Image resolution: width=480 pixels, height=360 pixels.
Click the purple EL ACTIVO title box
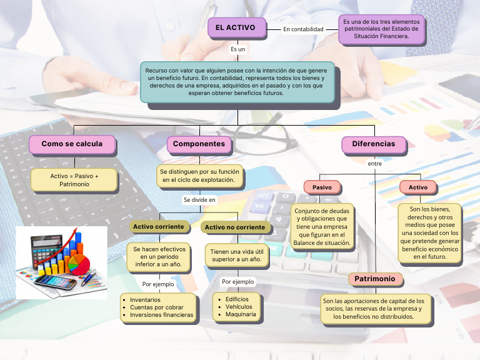click(x=236, y=28)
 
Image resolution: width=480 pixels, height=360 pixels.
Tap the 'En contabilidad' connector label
click(x=303, y=29)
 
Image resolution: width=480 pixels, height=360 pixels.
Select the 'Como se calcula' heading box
click(x=72, y=144)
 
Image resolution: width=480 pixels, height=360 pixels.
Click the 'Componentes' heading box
click(x=199, y=144)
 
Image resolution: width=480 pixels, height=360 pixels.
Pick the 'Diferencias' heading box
click(x=373, y=144)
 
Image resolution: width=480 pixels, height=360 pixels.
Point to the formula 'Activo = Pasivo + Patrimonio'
click(x=74, y=180)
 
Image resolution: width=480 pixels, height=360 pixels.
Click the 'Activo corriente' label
click(x=158, y=226)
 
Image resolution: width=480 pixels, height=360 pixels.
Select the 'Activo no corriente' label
click(x=235, y=227)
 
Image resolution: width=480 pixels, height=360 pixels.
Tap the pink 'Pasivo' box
click(x=322, y=187)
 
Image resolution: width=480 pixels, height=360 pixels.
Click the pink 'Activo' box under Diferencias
click(x=418, y=187)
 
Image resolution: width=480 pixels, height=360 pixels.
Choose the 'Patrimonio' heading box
click(x=375, y=279)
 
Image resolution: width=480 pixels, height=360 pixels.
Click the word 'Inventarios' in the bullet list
click(x=145, y=299)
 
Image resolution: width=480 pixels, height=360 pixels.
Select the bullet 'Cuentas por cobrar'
click(x=157, y=307)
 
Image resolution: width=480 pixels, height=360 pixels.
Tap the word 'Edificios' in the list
click(x=237, y=299)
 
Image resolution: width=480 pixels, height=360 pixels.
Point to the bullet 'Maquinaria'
click(x=241, y=314)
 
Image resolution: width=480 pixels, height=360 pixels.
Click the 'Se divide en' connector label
click(x=199, y=199)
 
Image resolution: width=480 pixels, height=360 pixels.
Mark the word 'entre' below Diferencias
click(x=374, y=163)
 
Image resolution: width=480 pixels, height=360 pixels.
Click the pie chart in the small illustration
click(x=77, y=262)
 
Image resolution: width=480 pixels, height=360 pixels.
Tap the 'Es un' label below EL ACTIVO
click(x=237, y=49)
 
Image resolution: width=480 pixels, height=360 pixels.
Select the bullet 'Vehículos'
click(x=239, y=306)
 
